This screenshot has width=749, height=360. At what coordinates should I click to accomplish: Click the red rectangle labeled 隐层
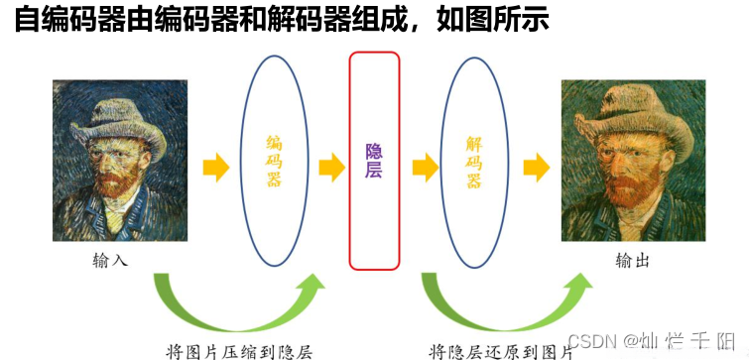pyautogui.click(x=374, y=161)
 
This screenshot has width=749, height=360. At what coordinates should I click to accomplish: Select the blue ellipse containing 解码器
pyautogui.click(x=473, y=162)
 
